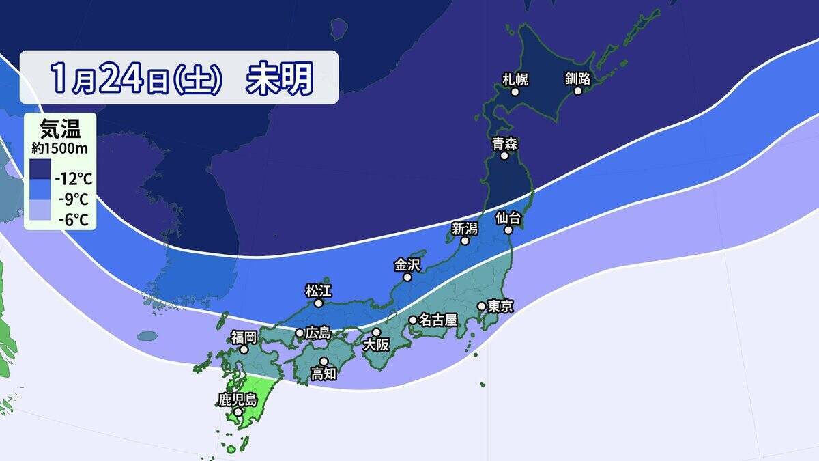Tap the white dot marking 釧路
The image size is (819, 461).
(578, 91)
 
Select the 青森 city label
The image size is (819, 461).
(505, 143)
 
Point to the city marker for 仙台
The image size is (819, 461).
(508, 231)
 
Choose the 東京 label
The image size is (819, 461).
(500, 307)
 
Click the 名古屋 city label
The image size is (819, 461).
(437, 320)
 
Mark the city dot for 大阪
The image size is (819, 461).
(376, 332)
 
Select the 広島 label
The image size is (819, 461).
(318, 333)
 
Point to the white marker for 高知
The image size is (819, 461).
(324, 361)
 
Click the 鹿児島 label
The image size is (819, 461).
(237, 399)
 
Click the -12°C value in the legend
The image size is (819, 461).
(73, 180)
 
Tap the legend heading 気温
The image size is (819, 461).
(60, 128)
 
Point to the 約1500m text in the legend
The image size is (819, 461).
(60, 148)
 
